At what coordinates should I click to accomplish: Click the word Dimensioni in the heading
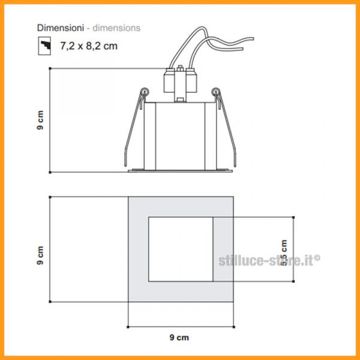tap(61, 28)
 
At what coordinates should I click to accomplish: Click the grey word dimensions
tap(116, 28)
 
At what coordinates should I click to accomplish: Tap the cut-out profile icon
tap(44, 46)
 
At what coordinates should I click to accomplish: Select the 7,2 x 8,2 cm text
tap(89, 46)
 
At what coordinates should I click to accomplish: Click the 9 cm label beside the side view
tap(40, 120)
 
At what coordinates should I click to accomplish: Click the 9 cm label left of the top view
tap(40, 256)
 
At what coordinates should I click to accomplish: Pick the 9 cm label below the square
tap(179, 337)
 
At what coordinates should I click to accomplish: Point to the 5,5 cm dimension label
tap(284, 253)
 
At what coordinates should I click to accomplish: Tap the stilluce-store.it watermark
tap(269, 260)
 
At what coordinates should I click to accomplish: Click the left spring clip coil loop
tap(145, 92)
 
